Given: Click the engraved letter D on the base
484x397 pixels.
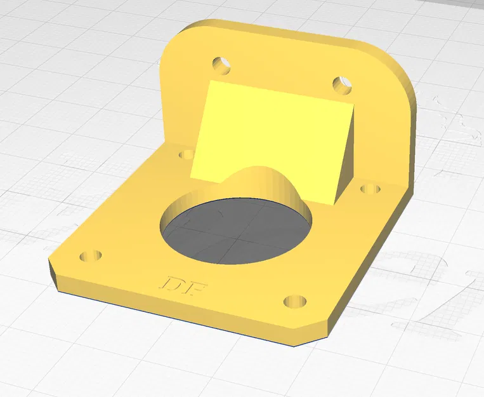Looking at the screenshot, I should click(173, 284).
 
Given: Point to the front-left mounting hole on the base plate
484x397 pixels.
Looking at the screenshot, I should click(91, 256).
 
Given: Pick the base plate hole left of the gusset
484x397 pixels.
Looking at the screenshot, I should click(186, 154).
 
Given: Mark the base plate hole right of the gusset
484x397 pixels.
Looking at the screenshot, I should click(370, 189).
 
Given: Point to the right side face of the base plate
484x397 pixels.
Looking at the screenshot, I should click(374, 267).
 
